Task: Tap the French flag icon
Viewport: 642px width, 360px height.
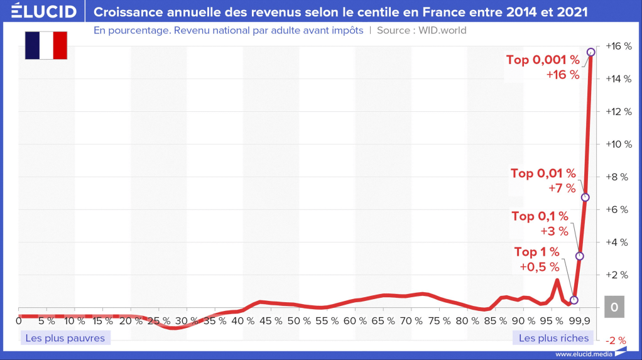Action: [x=46, y=45]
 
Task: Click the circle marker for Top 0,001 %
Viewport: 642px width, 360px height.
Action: [x=590, y=52]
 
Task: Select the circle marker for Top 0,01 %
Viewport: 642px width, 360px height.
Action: [x=585, y=197]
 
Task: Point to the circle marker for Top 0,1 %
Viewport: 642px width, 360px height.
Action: [x=580, y=256]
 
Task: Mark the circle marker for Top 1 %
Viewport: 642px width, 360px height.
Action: [x=574, y=300]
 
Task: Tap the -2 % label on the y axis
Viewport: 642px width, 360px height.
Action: [x=616, y=341]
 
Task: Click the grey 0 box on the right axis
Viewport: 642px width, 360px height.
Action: [x=614, y=308]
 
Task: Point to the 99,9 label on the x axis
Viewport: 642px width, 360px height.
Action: [x=579, y=321]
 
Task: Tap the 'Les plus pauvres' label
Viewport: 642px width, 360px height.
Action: [x=65, y=338]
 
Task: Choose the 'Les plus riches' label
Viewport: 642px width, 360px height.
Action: [x=554, y=338]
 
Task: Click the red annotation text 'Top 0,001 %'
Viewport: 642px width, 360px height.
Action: [x=543, y=60]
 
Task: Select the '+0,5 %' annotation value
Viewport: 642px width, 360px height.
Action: [x=539, y=266]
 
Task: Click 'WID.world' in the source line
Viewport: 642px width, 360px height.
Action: [x=438, y=30]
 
